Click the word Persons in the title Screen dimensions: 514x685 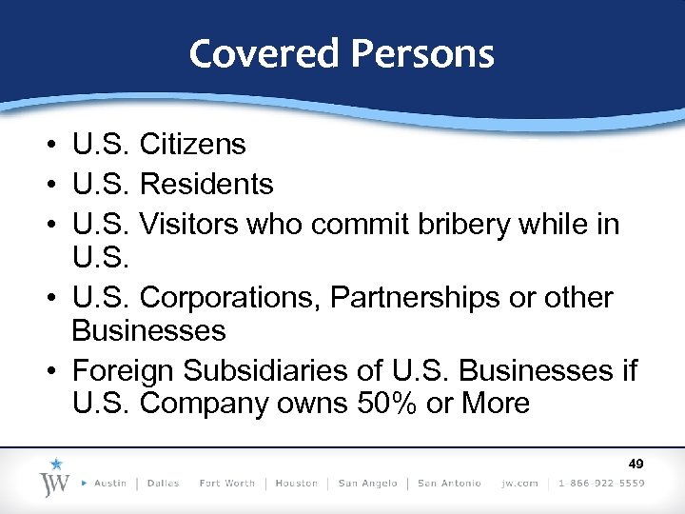(422, 53)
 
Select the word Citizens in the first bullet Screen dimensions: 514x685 (192, 145)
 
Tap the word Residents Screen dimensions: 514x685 (206, 184)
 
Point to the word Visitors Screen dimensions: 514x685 (189, 225)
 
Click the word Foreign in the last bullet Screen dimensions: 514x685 (122, 368)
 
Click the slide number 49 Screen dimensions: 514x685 (636, 464)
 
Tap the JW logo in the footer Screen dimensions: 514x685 (55, 478)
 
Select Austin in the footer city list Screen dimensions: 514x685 (110, 484)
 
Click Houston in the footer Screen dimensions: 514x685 (296, 484)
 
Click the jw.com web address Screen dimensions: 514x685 (519, 484)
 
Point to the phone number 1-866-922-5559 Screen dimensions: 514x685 (600, 484)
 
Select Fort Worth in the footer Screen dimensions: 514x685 (226, 484)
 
